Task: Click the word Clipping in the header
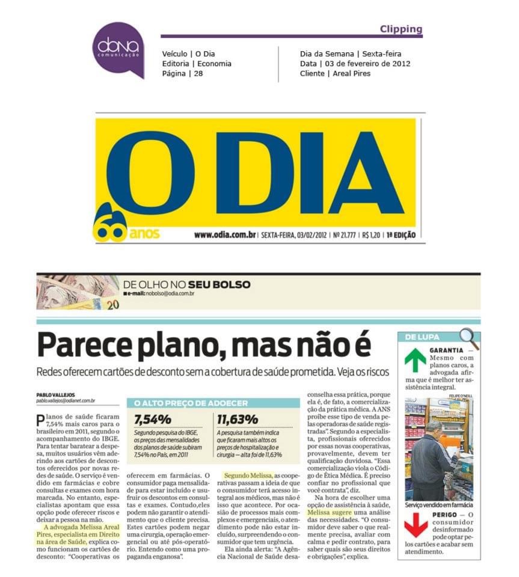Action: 401,29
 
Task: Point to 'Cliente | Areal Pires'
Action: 335,73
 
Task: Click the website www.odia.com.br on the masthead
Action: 225,235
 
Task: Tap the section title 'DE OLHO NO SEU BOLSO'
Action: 186,284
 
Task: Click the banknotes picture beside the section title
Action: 78,292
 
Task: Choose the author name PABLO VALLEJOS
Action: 56,394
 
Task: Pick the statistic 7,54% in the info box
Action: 154,419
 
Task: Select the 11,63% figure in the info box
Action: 237,419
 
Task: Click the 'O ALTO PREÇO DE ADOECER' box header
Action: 191,403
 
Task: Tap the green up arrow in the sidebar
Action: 415,359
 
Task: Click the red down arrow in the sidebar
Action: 416,524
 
